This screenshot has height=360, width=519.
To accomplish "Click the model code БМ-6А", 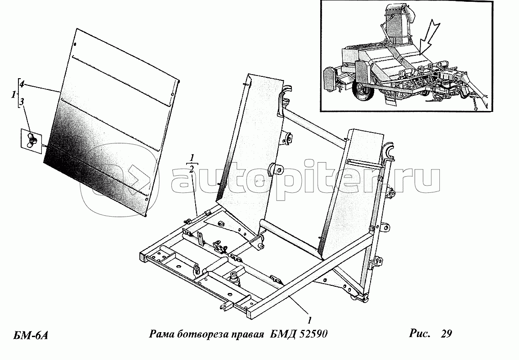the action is point(31,335).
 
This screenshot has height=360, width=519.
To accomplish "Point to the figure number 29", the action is point(446,333).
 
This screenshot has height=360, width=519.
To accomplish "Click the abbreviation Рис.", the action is point(419,333).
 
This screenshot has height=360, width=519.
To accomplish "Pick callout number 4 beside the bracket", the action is point(21,84).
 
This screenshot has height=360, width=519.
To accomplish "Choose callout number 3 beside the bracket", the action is point(22,102).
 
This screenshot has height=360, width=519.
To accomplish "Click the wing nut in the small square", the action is point(31,140).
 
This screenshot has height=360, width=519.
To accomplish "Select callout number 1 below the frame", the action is point(309,320).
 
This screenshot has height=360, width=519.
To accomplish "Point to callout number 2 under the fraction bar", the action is point(192,170).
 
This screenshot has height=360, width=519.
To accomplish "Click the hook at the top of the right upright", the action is point(388,153).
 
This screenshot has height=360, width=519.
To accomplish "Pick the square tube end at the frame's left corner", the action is point(144,257).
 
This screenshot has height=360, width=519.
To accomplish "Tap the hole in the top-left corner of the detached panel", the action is point(75,44).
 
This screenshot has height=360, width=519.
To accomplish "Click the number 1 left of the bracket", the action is point(13,95).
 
